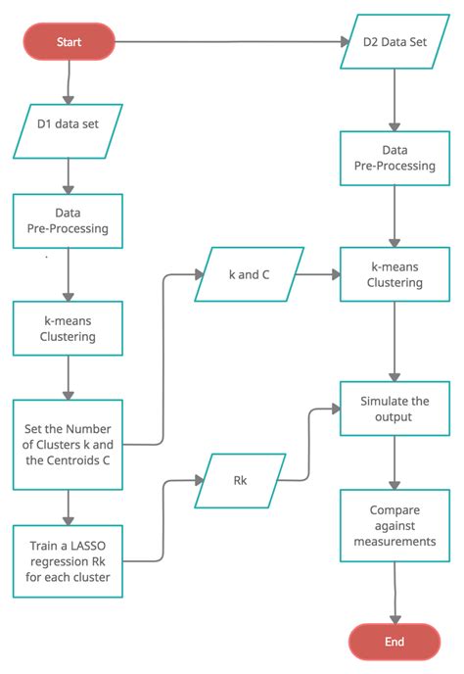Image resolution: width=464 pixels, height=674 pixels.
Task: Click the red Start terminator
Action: click(70, 42)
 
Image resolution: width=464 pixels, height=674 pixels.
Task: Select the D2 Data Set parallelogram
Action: click(394, 42)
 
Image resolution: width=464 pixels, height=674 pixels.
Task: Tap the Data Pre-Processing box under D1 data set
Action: click(68, 220)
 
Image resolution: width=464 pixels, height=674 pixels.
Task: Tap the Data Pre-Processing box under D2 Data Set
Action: click(394, 159)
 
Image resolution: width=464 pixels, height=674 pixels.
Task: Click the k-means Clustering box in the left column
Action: click(68, 328)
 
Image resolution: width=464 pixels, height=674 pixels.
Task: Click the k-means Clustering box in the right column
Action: click(394, 274)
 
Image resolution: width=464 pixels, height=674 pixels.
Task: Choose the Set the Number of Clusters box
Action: click(68, 444)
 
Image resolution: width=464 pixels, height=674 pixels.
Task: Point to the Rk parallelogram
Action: click(240, 480)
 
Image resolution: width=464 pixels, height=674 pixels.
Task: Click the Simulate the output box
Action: click(394, 409)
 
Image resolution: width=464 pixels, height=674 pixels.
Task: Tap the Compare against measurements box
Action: click(394, 526)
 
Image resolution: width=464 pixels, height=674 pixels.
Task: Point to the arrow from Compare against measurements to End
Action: click(394, 592)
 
